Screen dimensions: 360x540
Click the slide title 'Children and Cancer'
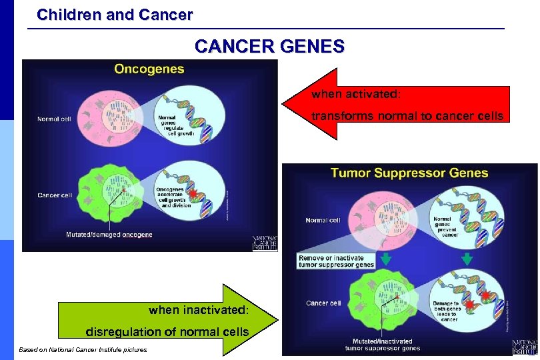(115, 13)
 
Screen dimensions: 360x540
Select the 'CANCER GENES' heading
(269, 47)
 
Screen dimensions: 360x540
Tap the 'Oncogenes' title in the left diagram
(149, 69)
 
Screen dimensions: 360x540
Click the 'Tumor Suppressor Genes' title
(409, 173)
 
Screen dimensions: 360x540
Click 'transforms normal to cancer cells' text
(407, 116)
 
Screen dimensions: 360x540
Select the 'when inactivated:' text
(199, 309)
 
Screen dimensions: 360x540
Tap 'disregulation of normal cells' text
(167, 331)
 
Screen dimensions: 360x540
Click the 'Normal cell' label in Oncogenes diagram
(54, 119)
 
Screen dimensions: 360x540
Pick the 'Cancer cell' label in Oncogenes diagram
(55, 195)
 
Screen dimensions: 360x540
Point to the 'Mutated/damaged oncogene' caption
(109, 235)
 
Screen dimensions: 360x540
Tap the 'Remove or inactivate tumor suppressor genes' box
(336, 261)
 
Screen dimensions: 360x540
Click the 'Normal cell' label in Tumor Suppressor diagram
(323, 220)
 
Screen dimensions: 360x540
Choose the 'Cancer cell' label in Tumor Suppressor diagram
(323, 303)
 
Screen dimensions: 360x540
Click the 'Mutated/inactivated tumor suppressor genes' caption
(382, 345)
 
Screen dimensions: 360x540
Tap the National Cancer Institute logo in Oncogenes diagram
(264, 243)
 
